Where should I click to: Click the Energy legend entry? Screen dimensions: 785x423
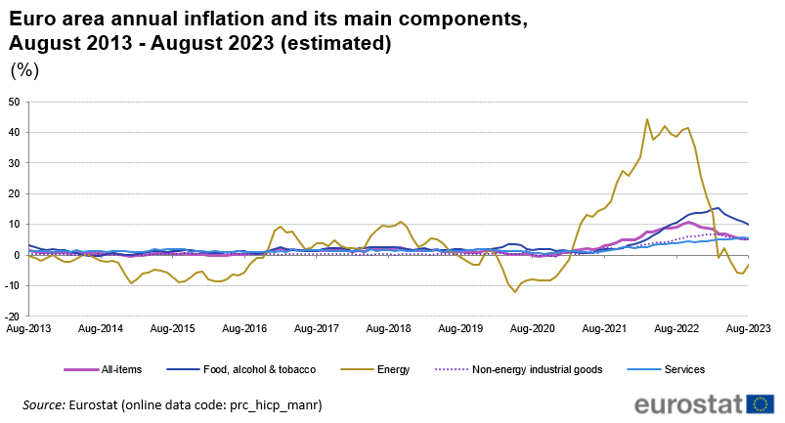375,369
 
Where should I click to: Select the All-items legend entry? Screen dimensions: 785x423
103,369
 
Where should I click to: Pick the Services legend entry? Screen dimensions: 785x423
666,369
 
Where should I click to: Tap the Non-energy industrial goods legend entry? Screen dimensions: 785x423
519,369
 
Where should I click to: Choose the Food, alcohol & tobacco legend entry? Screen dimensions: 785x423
241,369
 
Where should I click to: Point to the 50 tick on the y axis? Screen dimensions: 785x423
14,102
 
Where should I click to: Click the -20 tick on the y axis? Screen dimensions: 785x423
13,316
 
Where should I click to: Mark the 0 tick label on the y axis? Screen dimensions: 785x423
17,255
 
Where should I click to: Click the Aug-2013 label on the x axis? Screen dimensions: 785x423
28,328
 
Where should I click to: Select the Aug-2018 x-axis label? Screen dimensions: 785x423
388,328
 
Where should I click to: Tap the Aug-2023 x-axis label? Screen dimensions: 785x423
749,328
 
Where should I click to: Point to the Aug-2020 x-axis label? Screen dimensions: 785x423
533,328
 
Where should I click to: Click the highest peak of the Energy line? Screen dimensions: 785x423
647,119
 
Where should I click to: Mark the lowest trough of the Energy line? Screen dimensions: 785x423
514,292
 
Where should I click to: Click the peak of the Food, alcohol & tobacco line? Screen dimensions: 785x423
719,208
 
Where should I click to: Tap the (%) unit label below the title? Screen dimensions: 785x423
24,70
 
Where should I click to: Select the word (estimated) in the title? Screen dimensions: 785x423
335,44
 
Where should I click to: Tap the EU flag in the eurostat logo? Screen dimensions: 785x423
760,404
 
